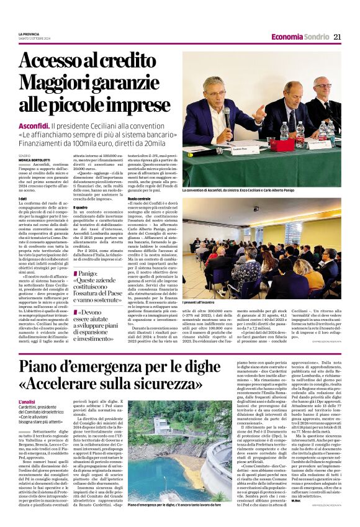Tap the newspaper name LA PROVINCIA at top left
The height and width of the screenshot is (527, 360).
click(29, 34)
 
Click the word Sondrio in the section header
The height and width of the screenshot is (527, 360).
click(317, 37)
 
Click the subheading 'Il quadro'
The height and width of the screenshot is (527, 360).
click(81, 207)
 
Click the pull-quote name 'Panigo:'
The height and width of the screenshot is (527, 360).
click(88, 273)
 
